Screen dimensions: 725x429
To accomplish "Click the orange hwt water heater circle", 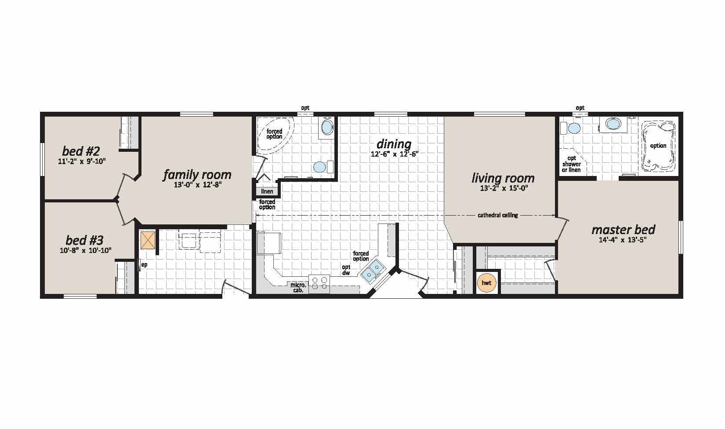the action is coord(486,283).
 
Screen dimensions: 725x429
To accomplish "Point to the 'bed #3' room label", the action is coord(84,240).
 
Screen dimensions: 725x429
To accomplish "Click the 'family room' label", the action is coord(197,175).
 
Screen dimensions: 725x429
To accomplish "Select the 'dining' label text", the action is coord(394,144).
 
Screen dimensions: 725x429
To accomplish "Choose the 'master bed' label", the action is coord(623,230).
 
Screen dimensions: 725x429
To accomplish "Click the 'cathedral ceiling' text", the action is coord(498,215).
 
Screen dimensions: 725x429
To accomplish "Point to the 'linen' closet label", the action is coord(267,191).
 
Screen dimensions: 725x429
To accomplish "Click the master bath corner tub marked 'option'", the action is coord(658,146).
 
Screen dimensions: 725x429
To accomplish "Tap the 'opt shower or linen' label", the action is coord(572,164).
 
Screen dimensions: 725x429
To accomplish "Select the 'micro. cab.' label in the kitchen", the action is coord(298,288).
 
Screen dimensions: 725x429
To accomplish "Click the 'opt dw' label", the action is coord(346,270).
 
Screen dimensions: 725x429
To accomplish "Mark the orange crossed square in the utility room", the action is coord(148,240).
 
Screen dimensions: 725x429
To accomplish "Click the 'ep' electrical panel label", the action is coord(144,265).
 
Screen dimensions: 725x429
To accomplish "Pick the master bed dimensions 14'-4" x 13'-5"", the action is coord(623,240).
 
